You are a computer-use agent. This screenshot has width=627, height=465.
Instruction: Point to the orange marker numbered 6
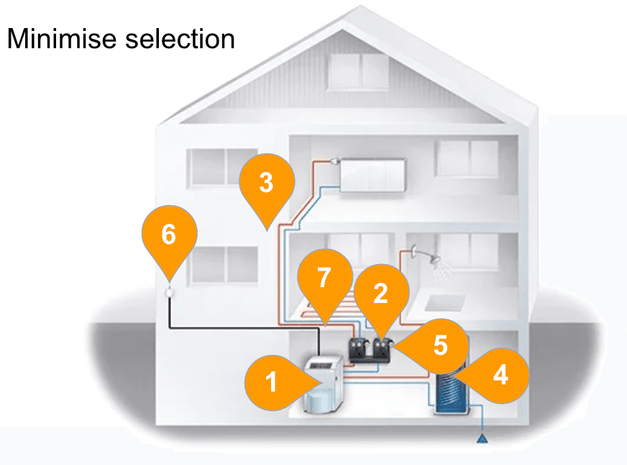(x=169, y=239)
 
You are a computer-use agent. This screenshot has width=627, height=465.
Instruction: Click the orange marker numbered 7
(x=325, y=282)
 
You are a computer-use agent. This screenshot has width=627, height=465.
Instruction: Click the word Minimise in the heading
(x=62, y=39)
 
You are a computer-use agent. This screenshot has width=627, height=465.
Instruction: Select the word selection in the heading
(x=180, y=39)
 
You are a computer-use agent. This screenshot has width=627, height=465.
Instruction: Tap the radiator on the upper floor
(x=372, y=176)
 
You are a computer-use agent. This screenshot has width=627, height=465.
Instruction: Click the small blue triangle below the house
(x=482, y=438)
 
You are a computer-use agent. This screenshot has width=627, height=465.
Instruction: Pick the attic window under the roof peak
(x=359, y=72)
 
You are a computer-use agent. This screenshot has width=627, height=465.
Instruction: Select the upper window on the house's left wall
(x=222, y=168)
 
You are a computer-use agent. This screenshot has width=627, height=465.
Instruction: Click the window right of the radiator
(x=467, y=158)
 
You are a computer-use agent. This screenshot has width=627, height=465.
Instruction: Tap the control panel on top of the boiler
(x=323, y=364)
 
